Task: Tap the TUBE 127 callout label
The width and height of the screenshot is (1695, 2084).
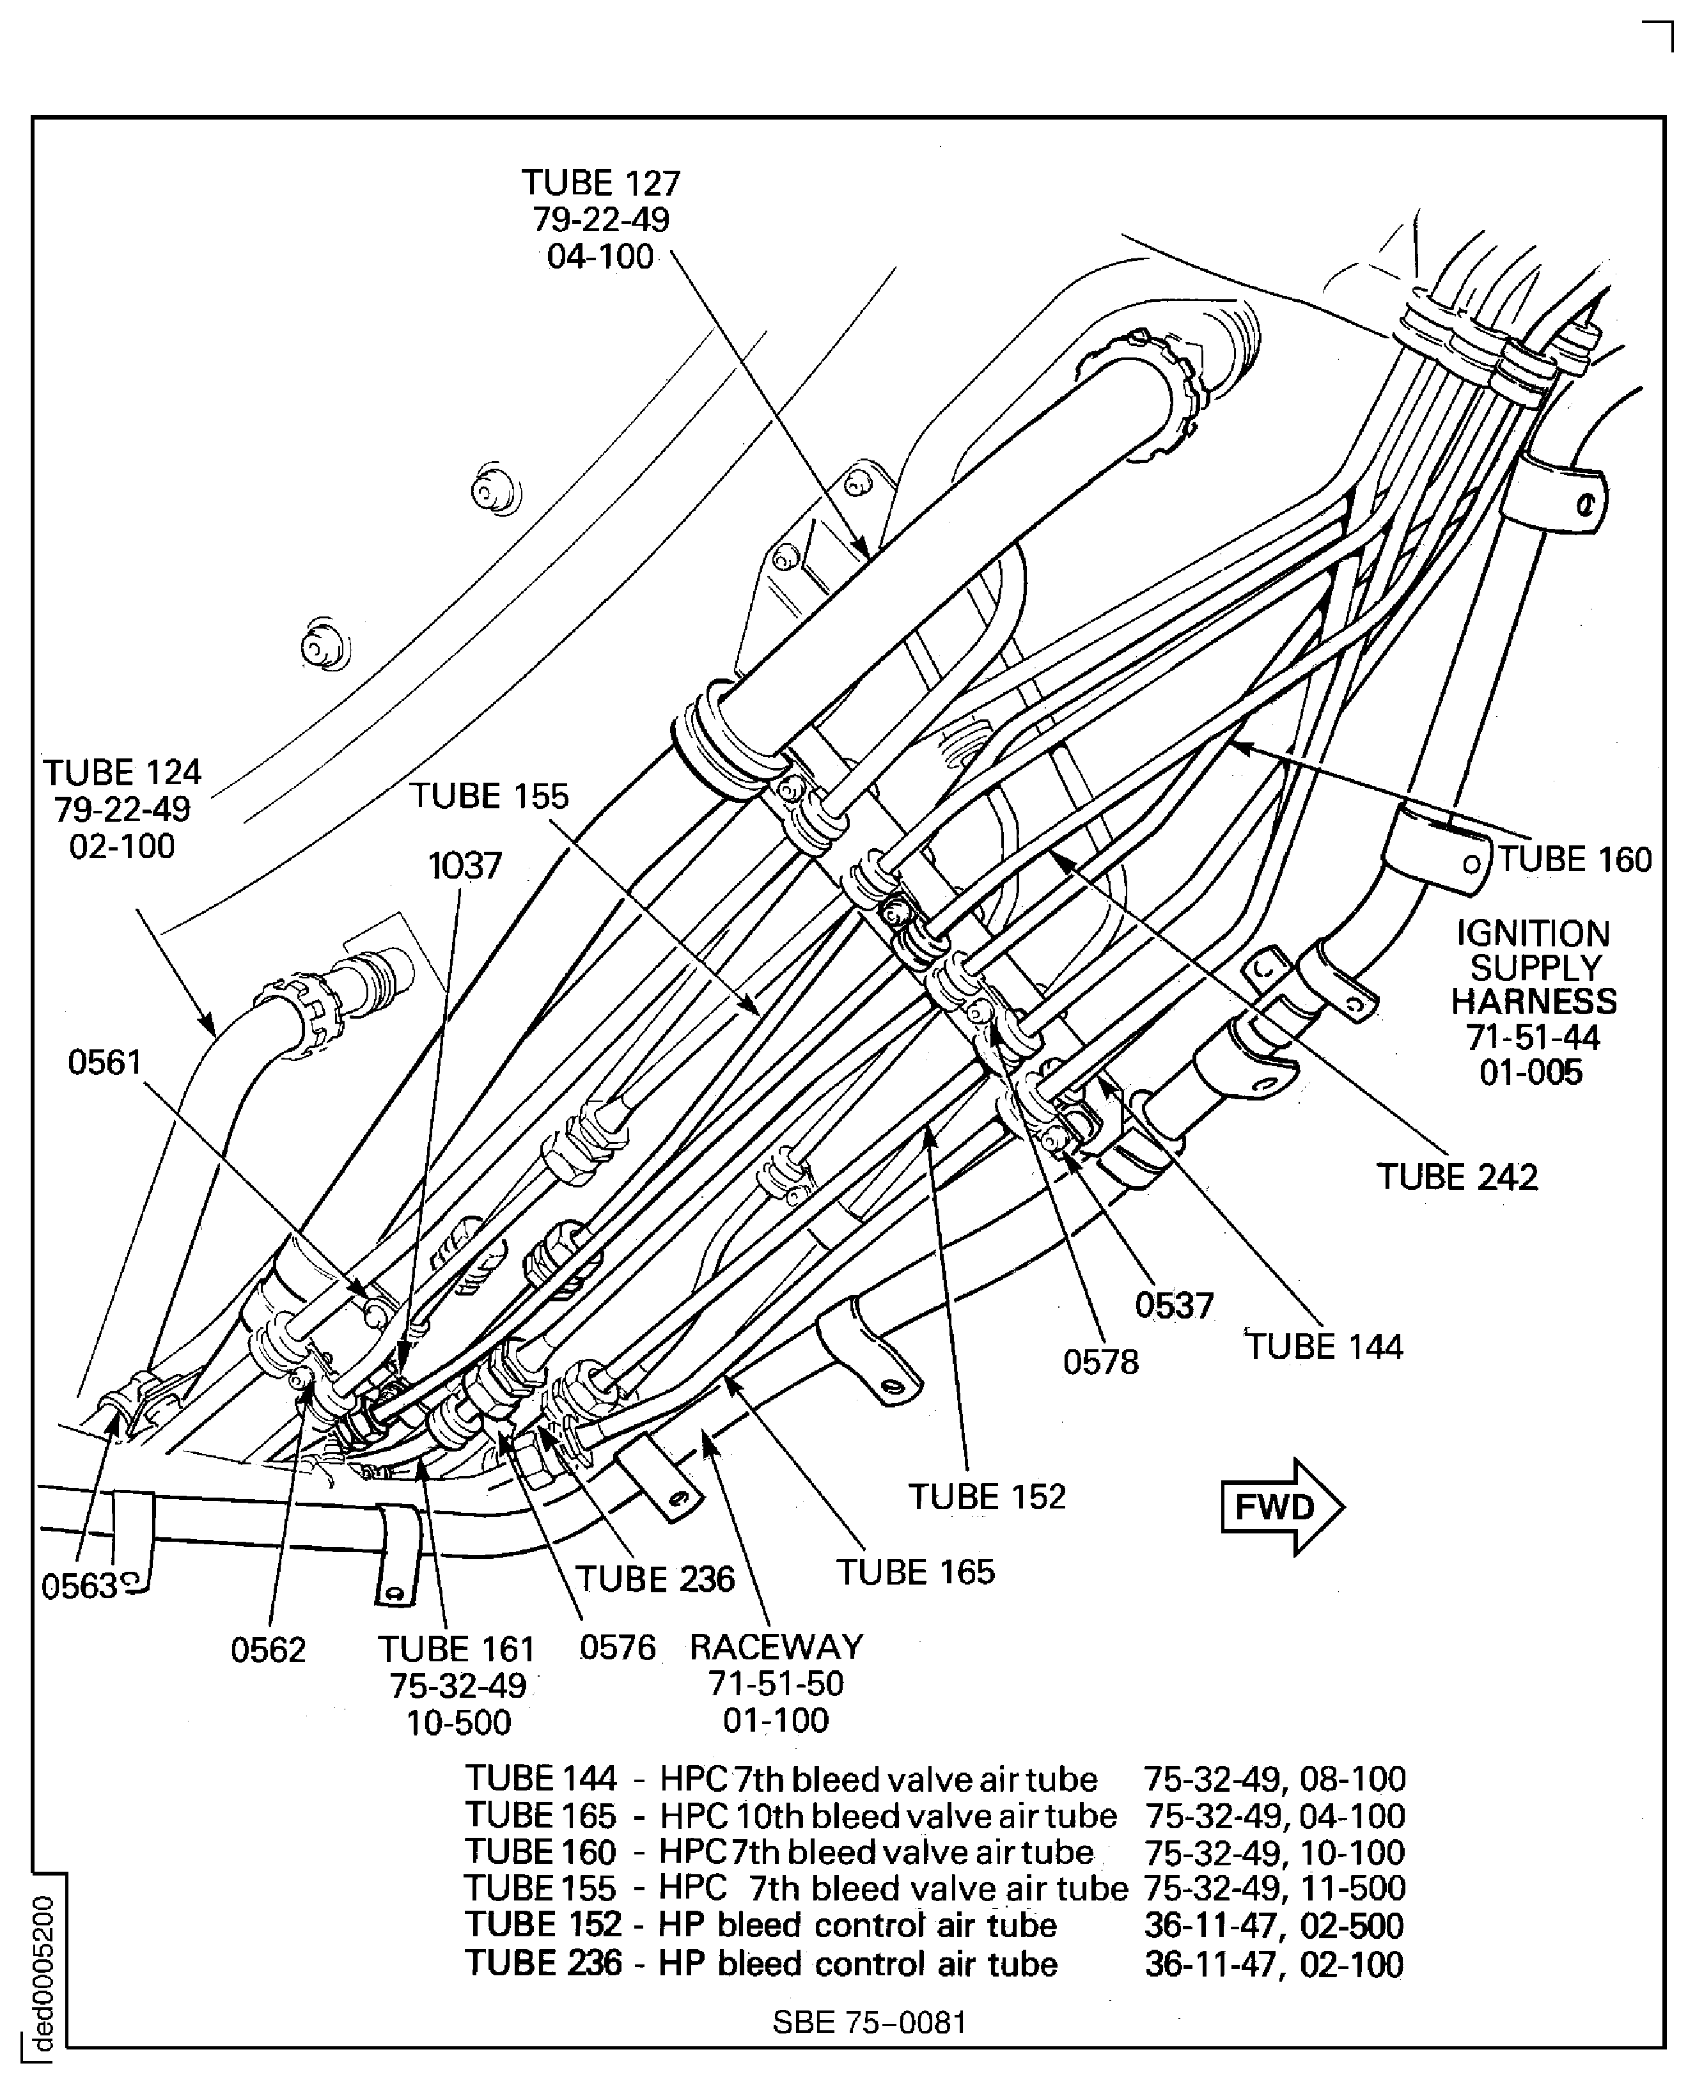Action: point(600,184)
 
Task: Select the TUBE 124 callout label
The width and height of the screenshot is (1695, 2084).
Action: point(122,772)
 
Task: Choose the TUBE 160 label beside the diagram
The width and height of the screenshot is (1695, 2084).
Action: point(1574,859)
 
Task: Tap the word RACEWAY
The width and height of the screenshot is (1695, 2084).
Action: point(776,1647)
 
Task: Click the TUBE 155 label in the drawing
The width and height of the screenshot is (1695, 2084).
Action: point(488,796)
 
